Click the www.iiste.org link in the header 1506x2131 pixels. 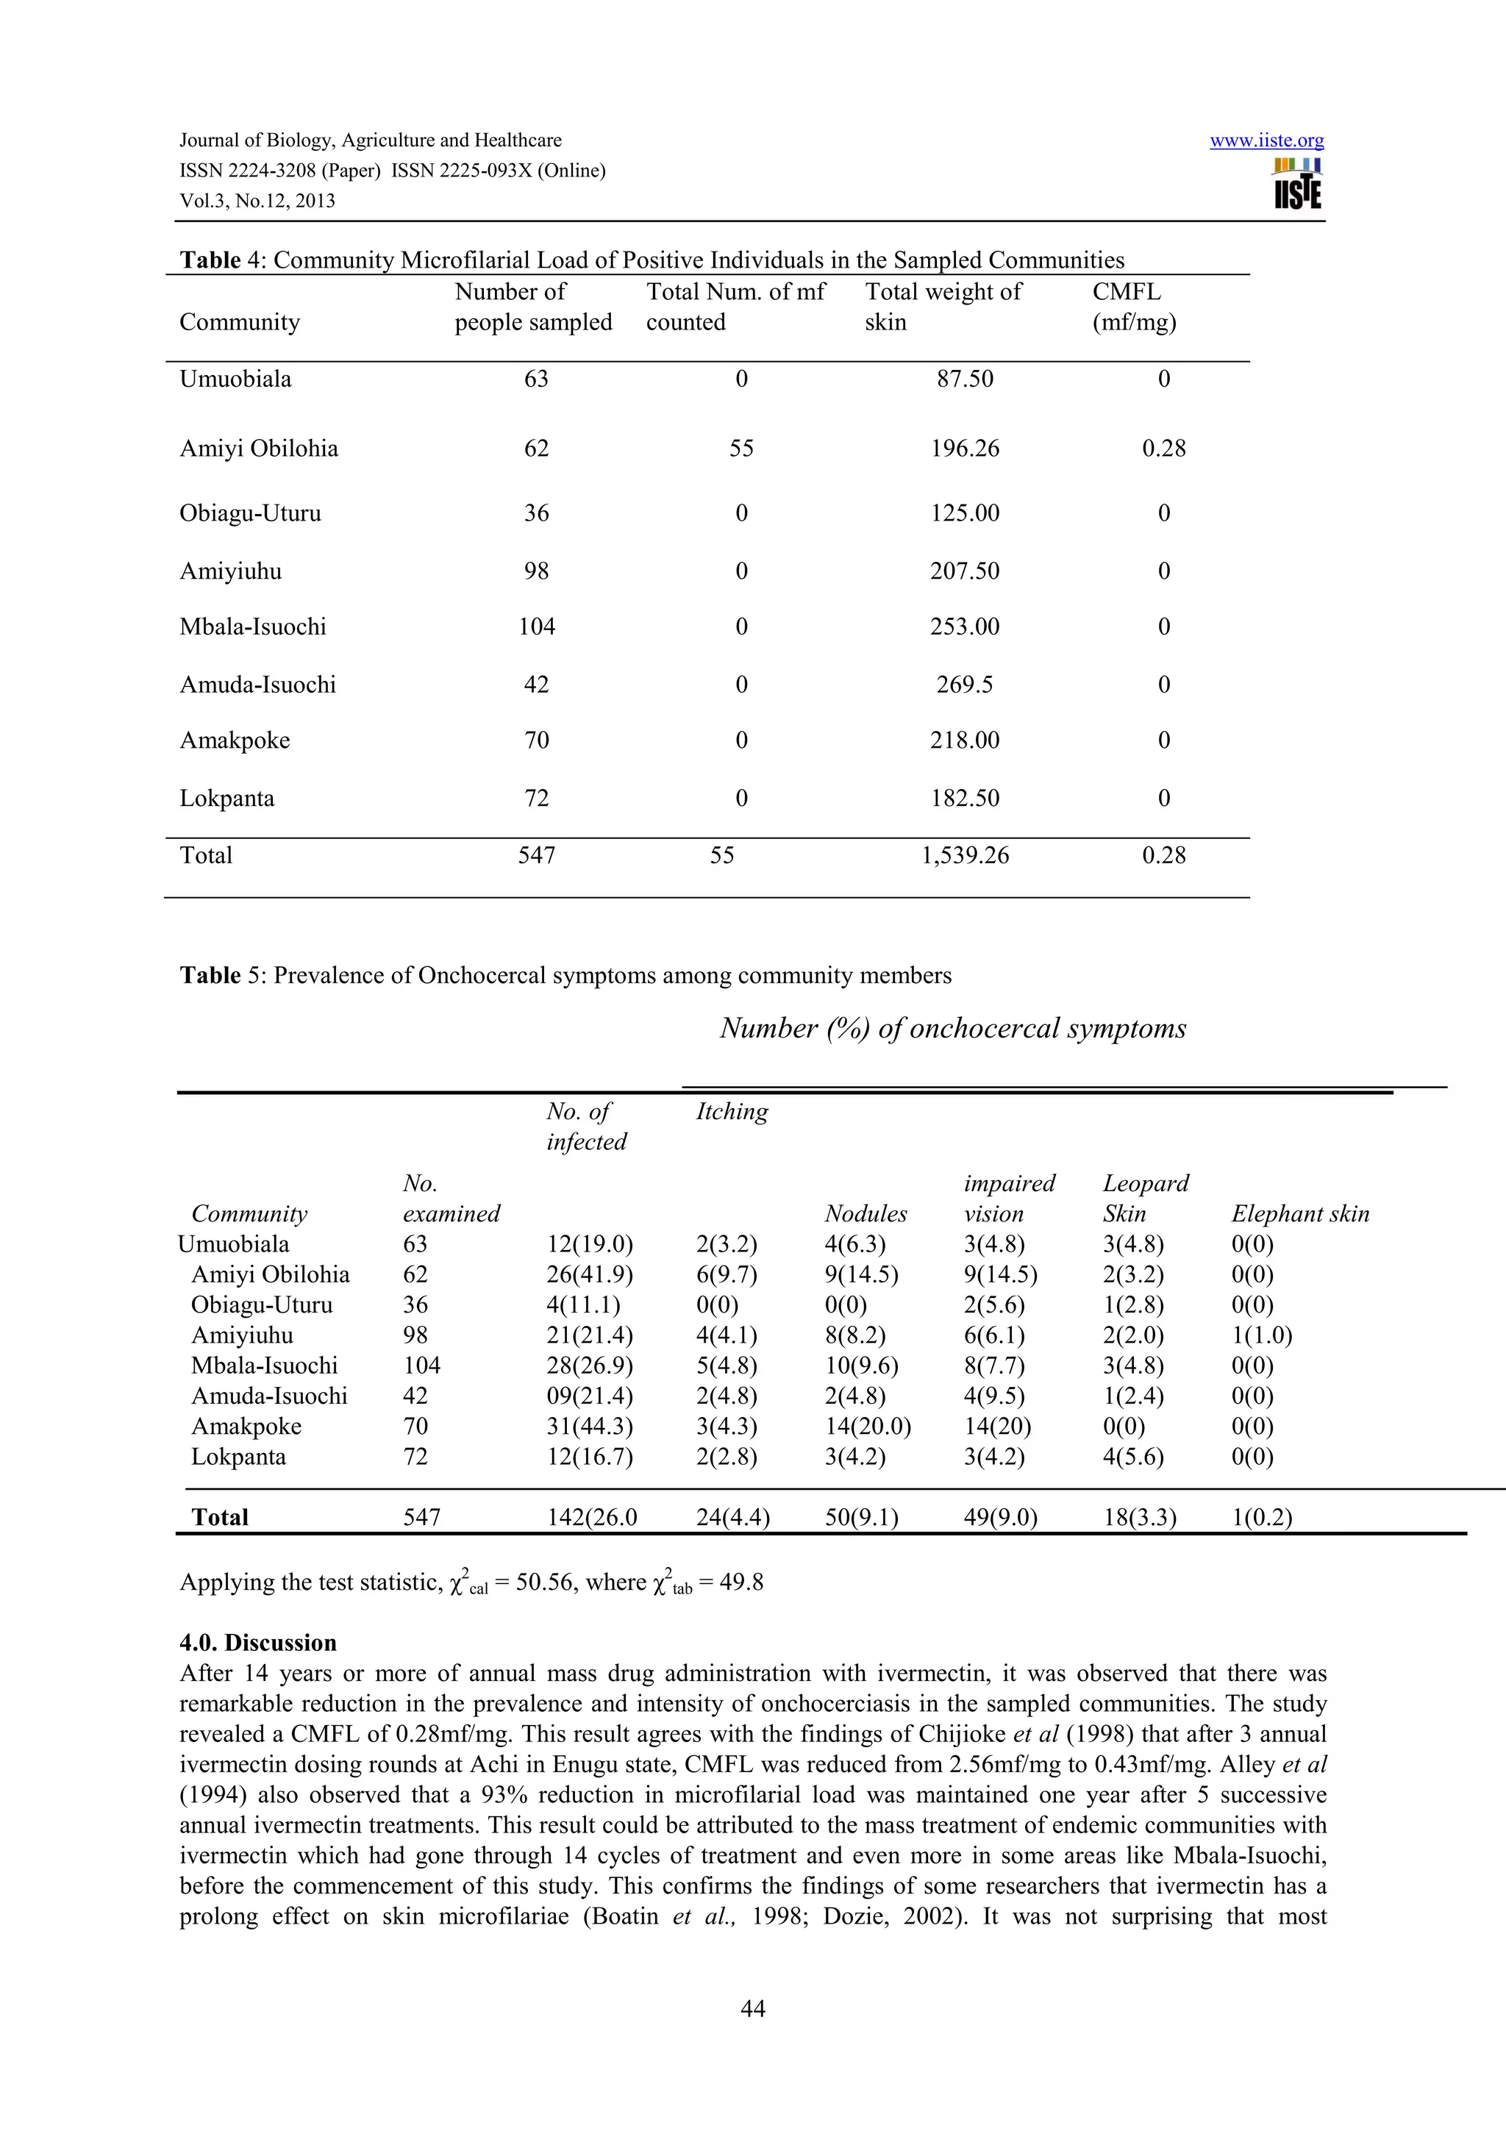point(1266,141)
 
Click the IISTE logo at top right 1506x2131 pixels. point(1298,184)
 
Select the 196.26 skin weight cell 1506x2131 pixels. point(964,449)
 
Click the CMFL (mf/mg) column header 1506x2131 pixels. point(1133,307)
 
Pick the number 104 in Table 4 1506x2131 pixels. point(536,627)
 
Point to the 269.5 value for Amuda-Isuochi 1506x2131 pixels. point(964,685)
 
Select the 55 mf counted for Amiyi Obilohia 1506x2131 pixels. point(740,449)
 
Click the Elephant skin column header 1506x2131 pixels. point(1299,1214)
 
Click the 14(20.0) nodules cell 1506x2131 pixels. point(868,1427)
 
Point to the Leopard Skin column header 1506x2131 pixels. point(1145,1198)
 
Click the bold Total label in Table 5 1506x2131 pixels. point(220,1518)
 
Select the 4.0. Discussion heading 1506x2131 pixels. point(258,1643)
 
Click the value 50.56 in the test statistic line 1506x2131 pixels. point(540,1582)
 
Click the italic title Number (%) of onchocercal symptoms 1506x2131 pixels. point(953,1029)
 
